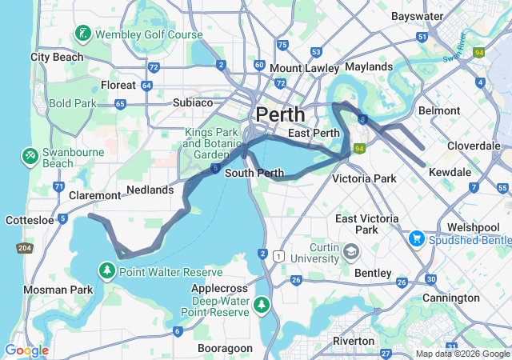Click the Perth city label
coord(280,114)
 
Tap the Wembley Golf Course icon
coord(84,34)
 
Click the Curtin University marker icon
coord(350,253)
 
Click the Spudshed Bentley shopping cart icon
coord(417,239)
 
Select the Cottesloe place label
coord(27,218)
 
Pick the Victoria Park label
coord(365,178)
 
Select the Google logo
coord(26,350)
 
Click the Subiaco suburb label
coord(193,102)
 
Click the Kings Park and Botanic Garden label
coord(206,143)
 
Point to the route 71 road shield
coord(59,186)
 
